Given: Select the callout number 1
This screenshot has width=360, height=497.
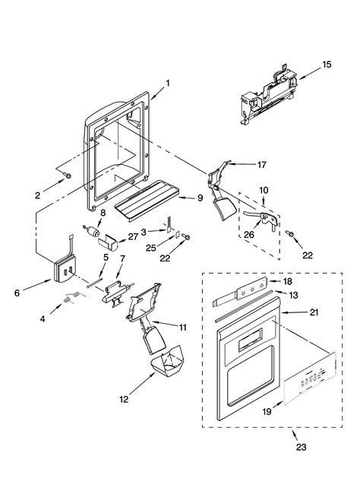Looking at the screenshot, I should click(x=168, y=84).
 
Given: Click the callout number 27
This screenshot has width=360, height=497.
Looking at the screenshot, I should click(x=134, y=236).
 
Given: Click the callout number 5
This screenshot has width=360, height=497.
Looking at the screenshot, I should click(x=106, y=257).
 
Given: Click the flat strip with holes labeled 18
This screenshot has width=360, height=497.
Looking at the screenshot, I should click(x=243, y=288).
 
